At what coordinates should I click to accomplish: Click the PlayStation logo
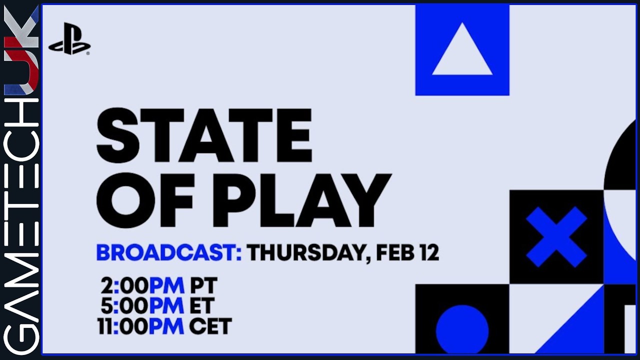69,39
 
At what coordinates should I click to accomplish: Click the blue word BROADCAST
168,252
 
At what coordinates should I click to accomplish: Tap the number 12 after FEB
429,252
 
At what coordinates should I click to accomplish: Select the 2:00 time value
124,286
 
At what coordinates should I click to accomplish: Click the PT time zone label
203,286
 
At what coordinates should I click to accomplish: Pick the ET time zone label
201,306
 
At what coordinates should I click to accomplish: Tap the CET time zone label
210,326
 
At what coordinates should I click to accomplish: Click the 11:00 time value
122,326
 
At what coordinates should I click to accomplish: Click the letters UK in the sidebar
21,50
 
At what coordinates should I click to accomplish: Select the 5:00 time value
124,306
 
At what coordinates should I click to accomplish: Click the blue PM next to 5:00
166,306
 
